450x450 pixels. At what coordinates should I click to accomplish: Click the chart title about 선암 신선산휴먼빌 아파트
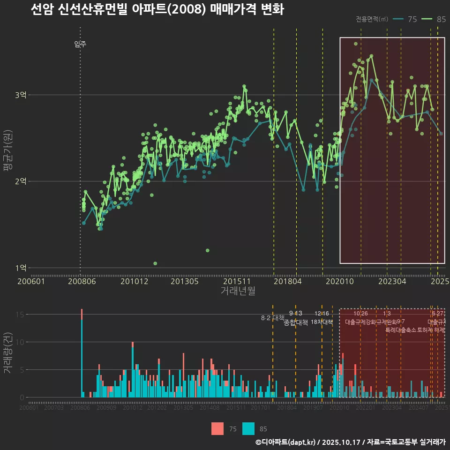tap(157, 10)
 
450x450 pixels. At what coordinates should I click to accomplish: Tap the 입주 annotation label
tap(80, 45)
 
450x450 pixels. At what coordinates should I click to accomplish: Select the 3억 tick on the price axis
tap(21, 95)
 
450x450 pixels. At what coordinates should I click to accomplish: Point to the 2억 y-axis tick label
tap(21, 181)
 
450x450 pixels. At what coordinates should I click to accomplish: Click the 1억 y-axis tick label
tap(21, 268)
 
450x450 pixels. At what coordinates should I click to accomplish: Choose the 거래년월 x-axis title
tap(238, 291)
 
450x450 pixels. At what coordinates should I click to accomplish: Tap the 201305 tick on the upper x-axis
tap(184, 281)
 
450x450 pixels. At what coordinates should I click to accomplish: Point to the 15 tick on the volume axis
tap(20, 315)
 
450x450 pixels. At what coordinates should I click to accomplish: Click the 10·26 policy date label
tap(360, 314)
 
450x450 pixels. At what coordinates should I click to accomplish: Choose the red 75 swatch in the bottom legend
tap(217, 428)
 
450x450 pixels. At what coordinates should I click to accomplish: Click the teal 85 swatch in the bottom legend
tap(248, 428)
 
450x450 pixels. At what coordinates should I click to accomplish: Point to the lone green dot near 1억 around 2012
tap(155, 263)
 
